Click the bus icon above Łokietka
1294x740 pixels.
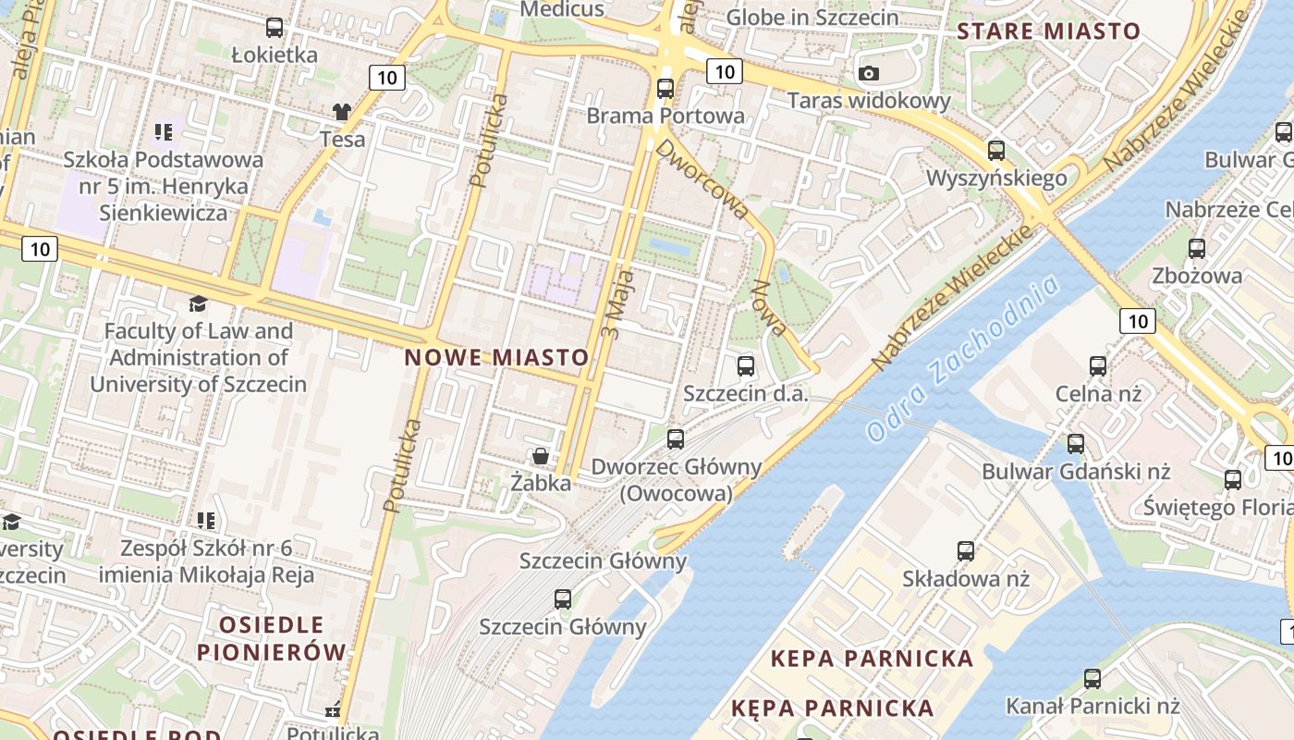[x=275, y=28]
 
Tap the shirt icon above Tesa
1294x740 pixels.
[x=342, y=112]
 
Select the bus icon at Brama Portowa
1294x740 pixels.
[x=665, y=89]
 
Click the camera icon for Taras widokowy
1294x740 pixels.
[x=868, y=73]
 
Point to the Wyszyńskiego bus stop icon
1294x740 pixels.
[x=996, y=150]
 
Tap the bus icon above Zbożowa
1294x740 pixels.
[x=1197, y=248]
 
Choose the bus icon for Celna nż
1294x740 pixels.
[x=1098, y=365]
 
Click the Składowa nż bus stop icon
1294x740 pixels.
[x=966, y=551]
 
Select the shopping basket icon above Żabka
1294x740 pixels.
[x=540, y=455]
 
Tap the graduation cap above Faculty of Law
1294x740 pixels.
[x=198, y=303]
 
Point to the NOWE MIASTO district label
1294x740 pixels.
[x=496, y=357]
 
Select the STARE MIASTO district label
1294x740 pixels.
[x=1048, y=31]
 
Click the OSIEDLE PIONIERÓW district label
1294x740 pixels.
[x=272, y=638]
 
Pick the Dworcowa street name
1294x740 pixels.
[x=702, y=179]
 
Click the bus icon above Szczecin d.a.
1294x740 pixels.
[x=746, y=365]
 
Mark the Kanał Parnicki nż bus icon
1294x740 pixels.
[x=1093, y=678]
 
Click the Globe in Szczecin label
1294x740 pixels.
[x=812, y=17]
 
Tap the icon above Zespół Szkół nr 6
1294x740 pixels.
[x=206, y=521]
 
